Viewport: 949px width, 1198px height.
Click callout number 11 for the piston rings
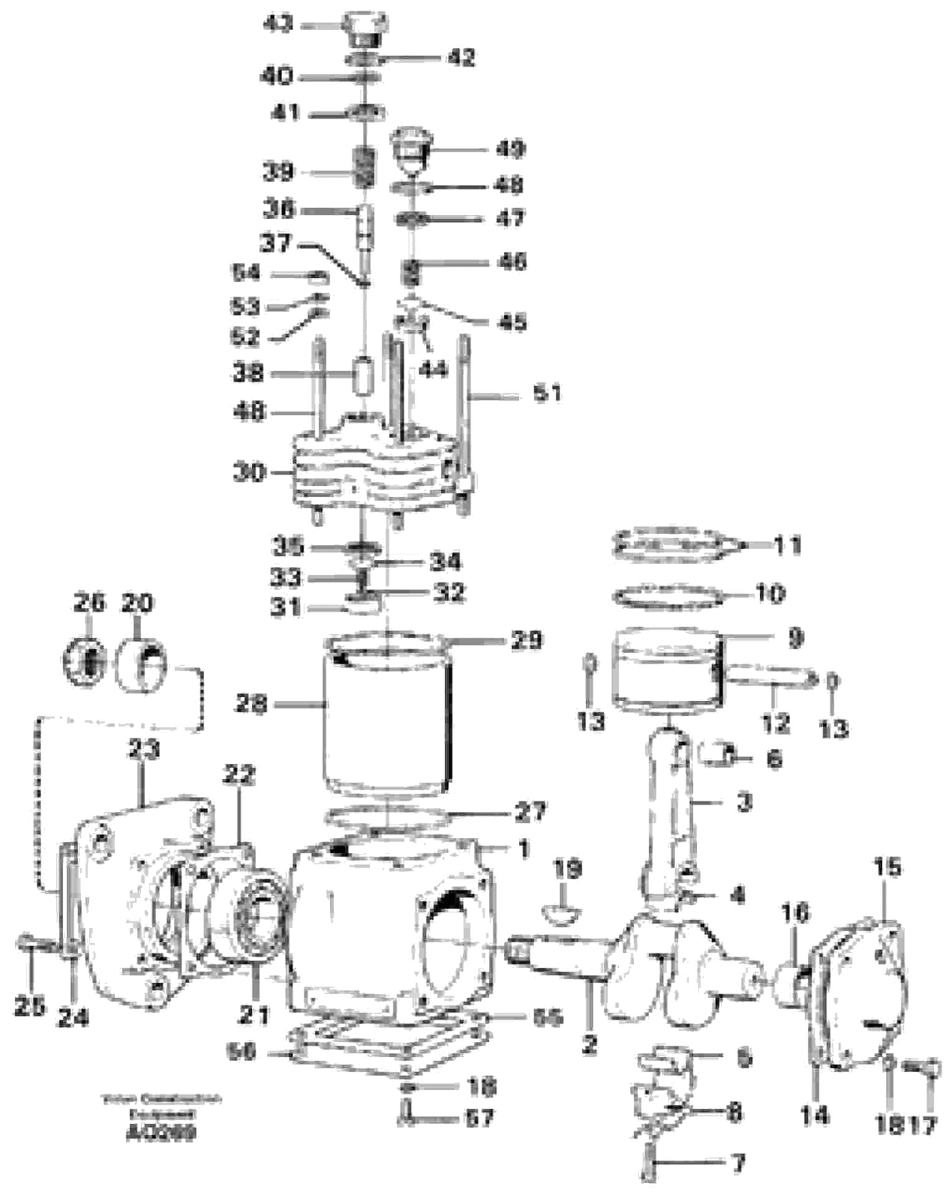pos(787,546)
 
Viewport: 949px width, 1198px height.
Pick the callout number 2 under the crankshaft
pos(590,1043)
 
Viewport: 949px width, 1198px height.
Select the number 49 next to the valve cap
pos(510,149)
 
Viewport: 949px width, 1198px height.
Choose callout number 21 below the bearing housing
pos(255,1015)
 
